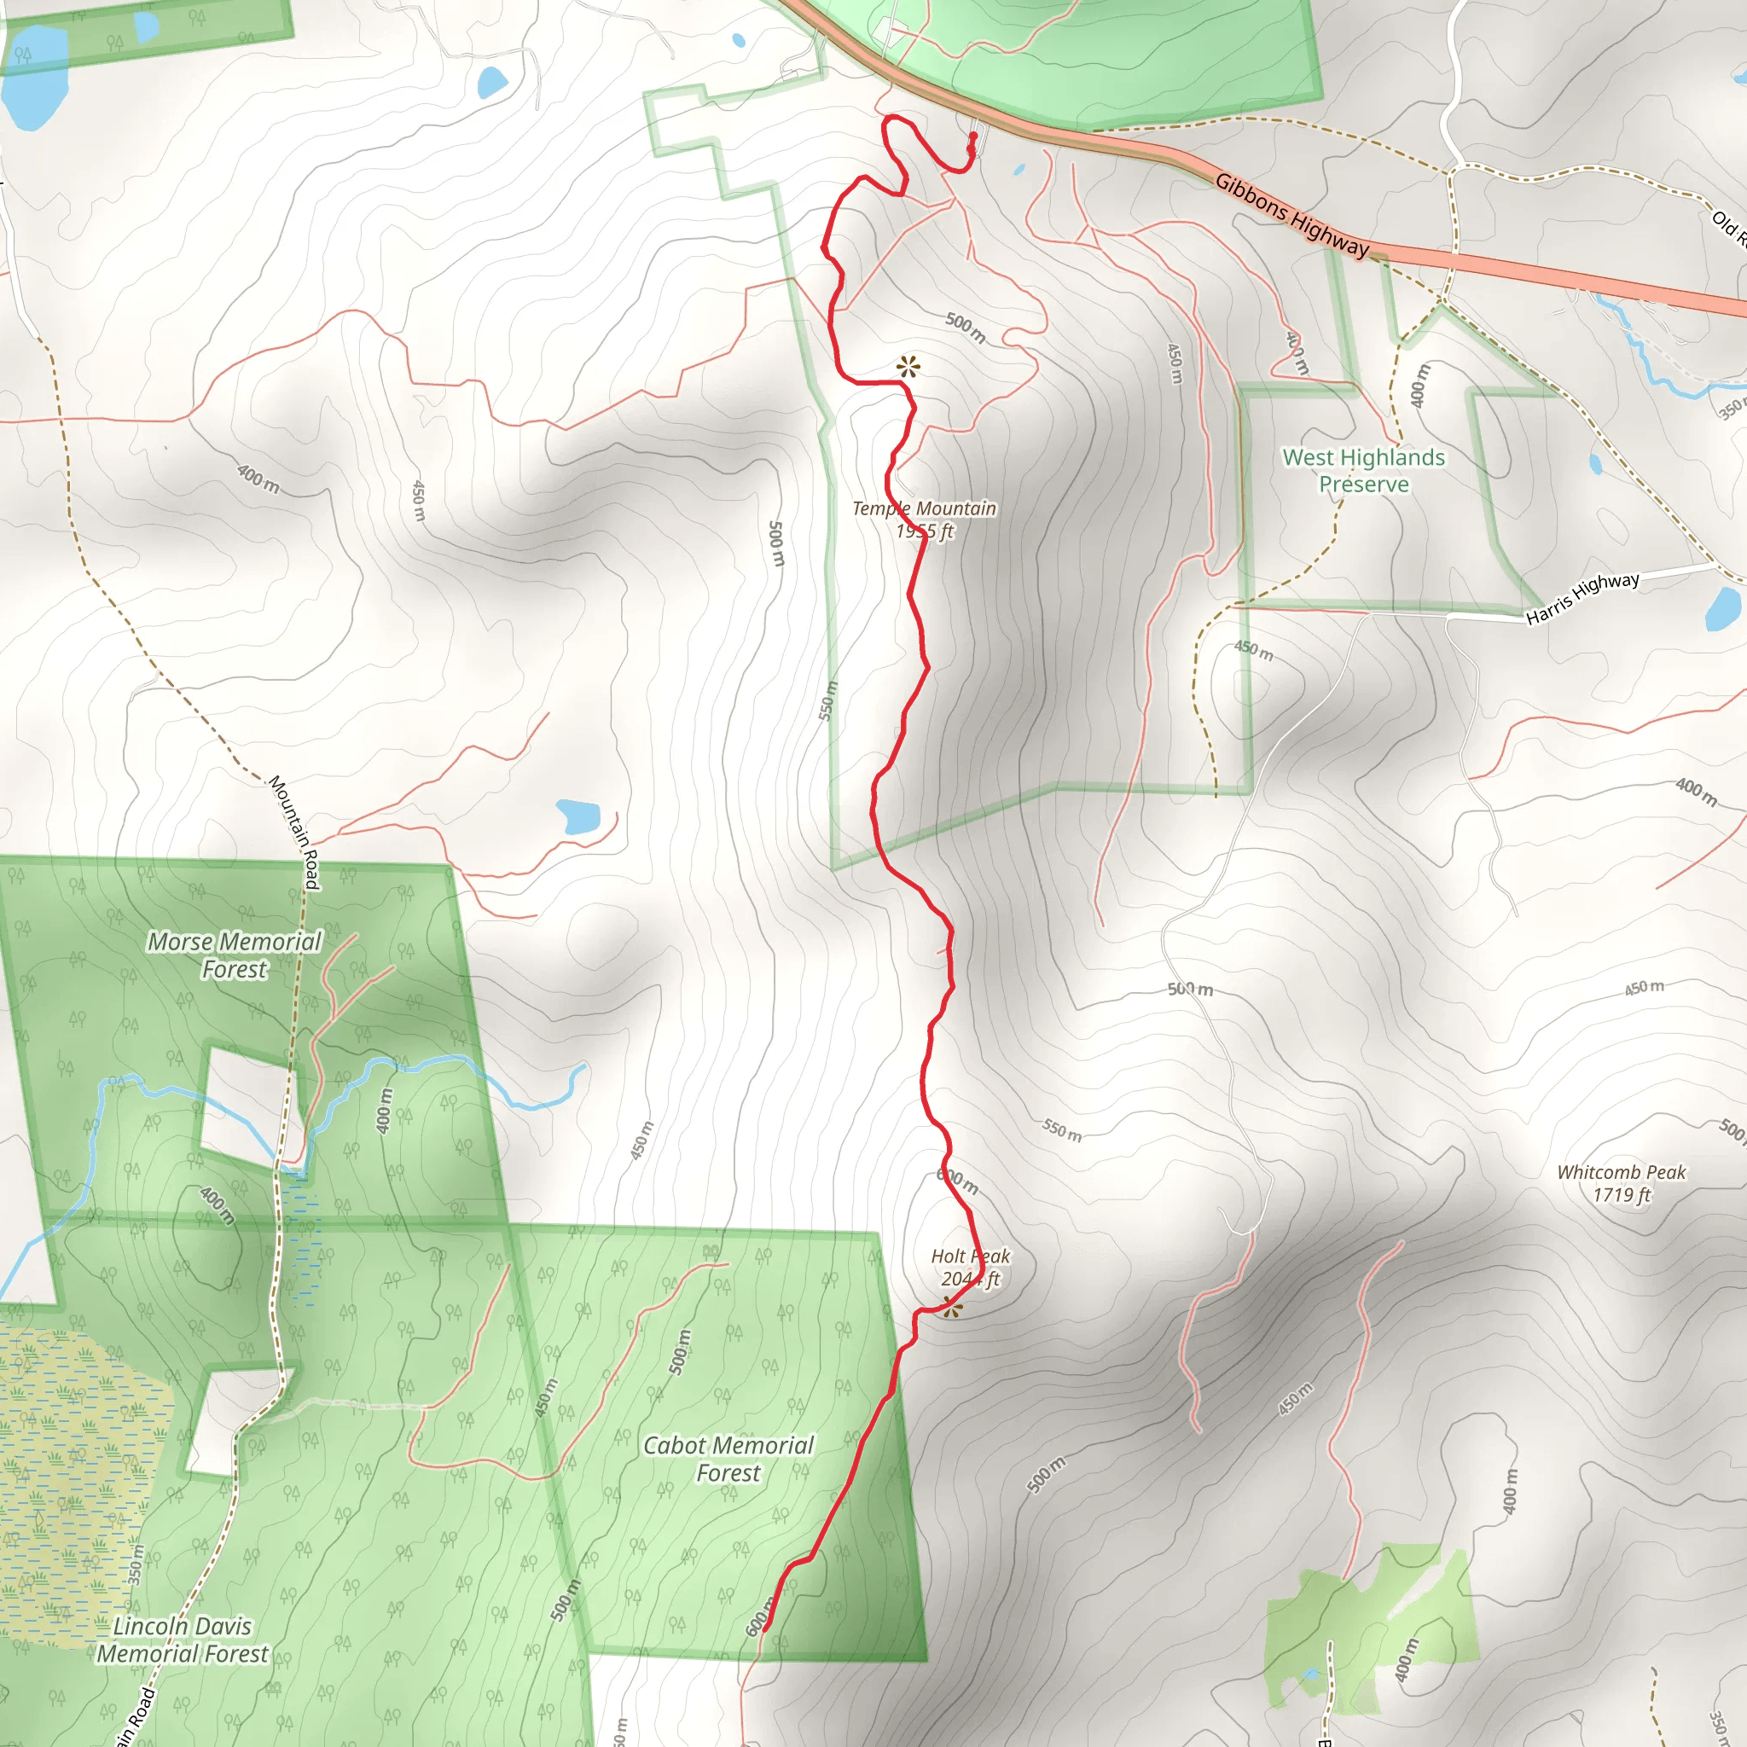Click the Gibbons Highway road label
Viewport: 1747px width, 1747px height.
[1291, 215]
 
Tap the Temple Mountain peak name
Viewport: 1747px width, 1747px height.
[924, 509]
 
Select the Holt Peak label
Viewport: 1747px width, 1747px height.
[970, 1256]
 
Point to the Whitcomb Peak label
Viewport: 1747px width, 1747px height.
[1622, 1172]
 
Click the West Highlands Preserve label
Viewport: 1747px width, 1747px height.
[1364, 470]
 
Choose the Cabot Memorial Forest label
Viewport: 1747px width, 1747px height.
[728, 1460]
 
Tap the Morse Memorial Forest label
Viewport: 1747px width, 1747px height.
[235, 955]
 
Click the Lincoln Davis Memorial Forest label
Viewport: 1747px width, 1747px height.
[182, 1640]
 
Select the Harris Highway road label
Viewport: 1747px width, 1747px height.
[1582, 598]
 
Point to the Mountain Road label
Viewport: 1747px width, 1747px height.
[295, 832]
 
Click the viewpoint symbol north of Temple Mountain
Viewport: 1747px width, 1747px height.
[908, 367]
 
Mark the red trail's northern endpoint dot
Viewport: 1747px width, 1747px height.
[973, 136]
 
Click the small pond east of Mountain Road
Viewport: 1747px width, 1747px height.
[577, 816]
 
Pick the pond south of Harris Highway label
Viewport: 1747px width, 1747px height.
[1722, 609]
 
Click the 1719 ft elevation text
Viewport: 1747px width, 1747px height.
[1622, 1195]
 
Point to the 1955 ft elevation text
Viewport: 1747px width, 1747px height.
[924, 531]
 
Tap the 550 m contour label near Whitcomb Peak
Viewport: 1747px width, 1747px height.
[1061, 1130]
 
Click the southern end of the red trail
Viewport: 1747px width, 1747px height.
[766, 1628]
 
